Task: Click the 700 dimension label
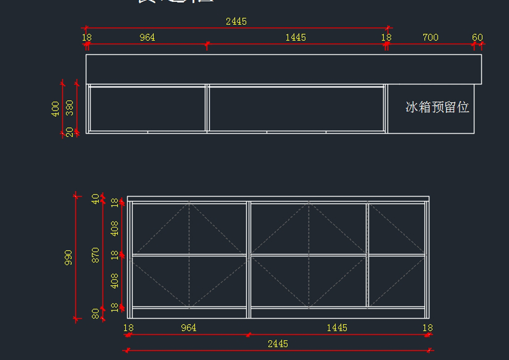pos(430,37)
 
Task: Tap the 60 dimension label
pos(478,37)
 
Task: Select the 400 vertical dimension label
pos(56,109)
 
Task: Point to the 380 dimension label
pos(70,108)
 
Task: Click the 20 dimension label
pos(70,132)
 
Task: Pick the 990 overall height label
pos(68,257)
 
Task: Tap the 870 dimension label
pos(96,255)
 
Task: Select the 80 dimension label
pos(96,314)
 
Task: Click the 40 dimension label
pos(96,198)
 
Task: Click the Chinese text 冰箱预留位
pos(437,107)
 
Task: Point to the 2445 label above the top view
pos(236,21)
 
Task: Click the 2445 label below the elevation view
pos(278,344)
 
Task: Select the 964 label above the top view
pos(147,37)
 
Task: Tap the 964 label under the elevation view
pos(189,328)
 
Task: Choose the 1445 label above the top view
pos(296,37)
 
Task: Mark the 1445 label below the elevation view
pos(337,328)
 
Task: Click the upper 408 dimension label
pos(115,228)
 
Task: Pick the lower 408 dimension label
pos(115,281)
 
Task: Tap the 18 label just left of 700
pos(386,37)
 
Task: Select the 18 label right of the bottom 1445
pos(428,328)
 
